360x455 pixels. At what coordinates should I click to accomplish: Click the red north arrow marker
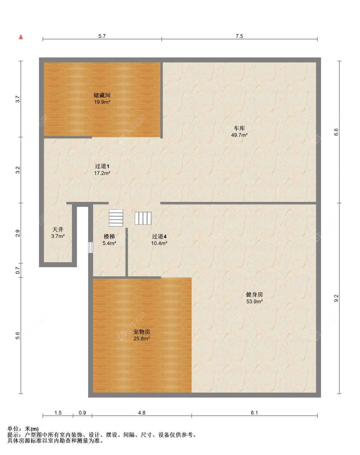(x=21, y=37)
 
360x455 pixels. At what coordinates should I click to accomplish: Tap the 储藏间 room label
(x=102, y=95)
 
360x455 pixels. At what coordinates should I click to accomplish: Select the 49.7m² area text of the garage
(x=239, y=135)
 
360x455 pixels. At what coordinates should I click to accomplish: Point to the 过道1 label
(x=102, y=166)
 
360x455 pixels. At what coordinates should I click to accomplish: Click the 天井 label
(x=58, y=229)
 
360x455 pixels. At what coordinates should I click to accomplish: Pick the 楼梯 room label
(x=109, y=236)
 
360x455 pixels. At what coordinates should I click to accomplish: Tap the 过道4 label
(x=159, y=236)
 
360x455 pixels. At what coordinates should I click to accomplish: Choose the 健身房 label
(x=254, y=294)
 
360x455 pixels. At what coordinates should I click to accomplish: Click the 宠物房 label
(x=141, y=332)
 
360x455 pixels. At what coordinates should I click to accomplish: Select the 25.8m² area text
(x=141, y=339)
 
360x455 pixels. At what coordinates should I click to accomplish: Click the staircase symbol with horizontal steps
(x=116, y=218)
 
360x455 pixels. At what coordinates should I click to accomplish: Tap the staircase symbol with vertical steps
(x=143, y=218)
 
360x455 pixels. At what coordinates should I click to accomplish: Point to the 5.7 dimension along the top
(x=102, y=36)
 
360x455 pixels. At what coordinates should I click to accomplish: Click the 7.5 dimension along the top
(x=239, y=36)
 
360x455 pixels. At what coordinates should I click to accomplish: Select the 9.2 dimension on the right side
(x=336, y=298)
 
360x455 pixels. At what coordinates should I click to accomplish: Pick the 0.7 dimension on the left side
(x=18, y=270)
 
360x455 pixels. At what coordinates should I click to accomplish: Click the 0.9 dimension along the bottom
(x=82, y=413)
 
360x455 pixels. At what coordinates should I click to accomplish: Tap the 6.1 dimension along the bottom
(x=254, y=413)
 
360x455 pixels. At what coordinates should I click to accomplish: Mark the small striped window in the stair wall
(x=91, y=247)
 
